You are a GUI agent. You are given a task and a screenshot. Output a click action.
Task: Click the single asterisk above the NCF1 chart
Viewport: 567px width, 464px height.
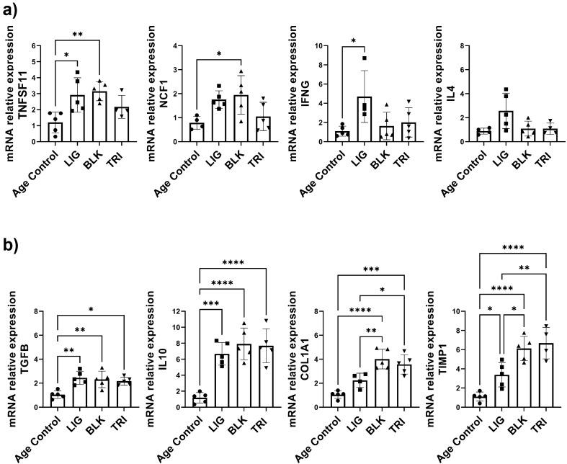click(218, 53)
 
